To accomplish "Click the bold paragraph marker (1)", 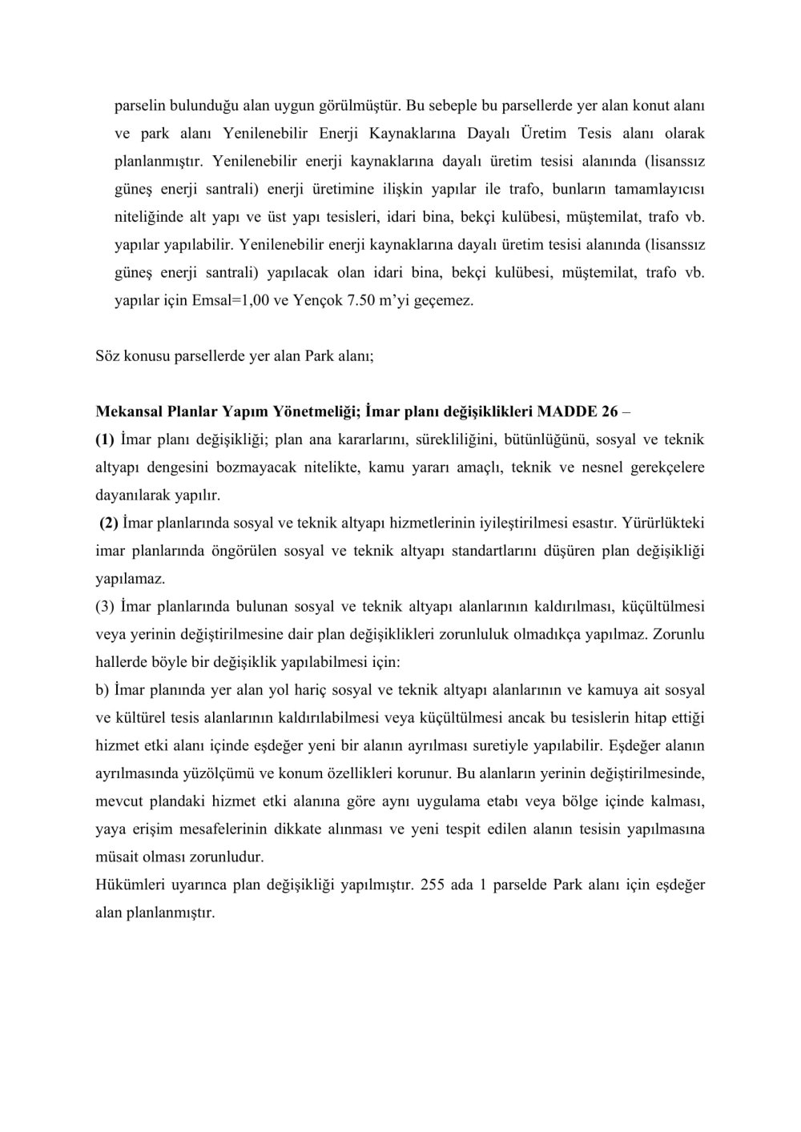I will click(105, 440).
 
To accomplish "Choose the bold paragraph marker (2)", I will click(109, 523).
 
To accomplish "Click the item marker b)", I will click(102, 689).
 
